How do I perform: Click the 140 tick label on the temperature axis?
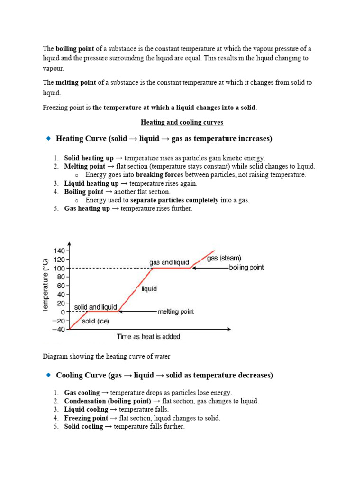pos(59,251)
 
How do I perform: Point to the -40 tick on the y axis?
pos(58,330)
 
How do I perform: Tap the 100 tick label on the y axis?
pos(59,268)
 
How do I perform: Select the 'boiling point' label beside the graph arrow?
pos(246,268)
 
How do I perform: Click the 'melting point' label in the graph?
pos(175,312)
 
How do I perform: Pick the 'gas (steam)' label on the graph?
pos(224,258)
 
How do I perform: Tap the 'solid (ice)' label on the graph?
pos(95,322)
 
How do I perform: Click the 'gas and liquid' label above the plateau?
pos(169,262)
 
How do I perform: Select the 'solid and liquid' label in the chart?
pos(95,307)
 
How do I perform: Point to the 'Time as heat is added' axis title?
pos(148,337)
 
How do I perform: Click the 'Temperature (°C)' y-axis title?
pos(46,284)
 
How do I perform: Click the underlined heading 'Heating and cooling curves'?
pos(182,122)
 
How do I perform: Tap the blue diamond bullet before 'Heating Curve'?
pos(48,138)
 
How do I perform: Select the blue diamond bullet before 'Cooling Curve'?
pos(48,375)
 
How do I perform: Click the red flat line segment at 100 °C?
pos(172,268)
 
